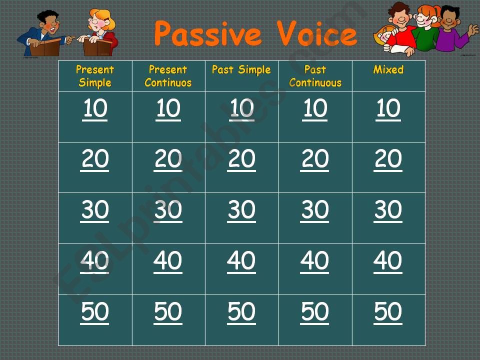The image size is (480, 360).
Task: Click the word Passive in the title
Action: tap(208, 33)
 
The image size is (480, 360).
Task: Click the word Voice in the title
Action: tap(317, 33)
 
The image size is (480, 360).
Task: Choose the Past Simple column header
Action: tap(241, 70)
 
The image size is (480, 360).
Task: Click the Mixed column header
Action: tap(388, 69)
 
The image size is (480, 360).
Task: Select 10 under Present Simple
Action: tap(95, 109)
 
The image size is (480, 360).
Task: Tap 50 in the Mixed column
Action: tap(388, 312)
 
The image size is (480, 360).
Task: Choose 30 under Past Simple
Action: tap(241, 210)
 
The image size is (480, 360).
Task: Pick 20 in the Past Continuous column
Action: tap(314, 160)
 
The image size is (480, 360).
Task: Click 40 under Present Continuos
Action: tap(168, 261)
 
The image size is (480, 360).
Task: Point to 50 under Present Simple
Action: tap(94, 312)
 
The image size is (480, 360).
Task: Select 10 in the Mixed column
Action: tap(388, 109)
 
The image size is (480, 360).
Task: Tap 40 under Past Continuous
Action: tap(314, 261)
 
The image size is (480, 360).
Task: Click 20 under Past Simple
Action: tap(241, 160)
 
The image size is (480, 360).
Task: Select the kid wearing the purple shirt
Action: tap(453, 29)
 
